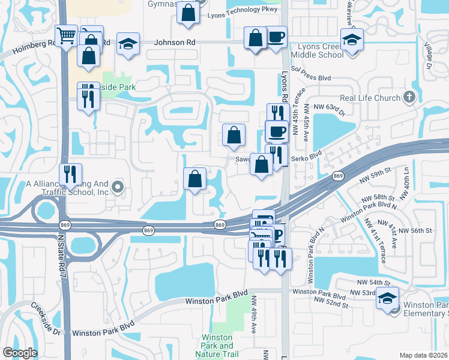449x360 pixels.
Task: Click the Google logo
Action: pos(20,353)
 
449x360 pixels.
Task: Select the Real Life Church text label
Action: pos(370,98)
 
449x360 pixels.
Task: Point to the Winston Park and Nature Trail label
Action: pos(217,346)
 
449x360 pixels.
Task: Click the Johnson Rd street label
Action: pos(175,43)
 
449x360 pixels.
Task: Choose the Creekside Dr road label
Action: pos(38,319)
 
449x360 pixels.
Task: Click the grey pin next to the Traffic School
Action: pos(117,187)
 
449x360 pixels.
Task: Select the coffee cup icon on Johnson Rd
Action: pos(276,38)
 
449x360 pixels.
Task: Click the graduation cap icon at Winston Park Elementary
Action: pos(387,298)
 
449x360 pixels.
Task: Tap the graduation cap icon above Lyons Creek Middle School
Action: pos(351,40)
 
